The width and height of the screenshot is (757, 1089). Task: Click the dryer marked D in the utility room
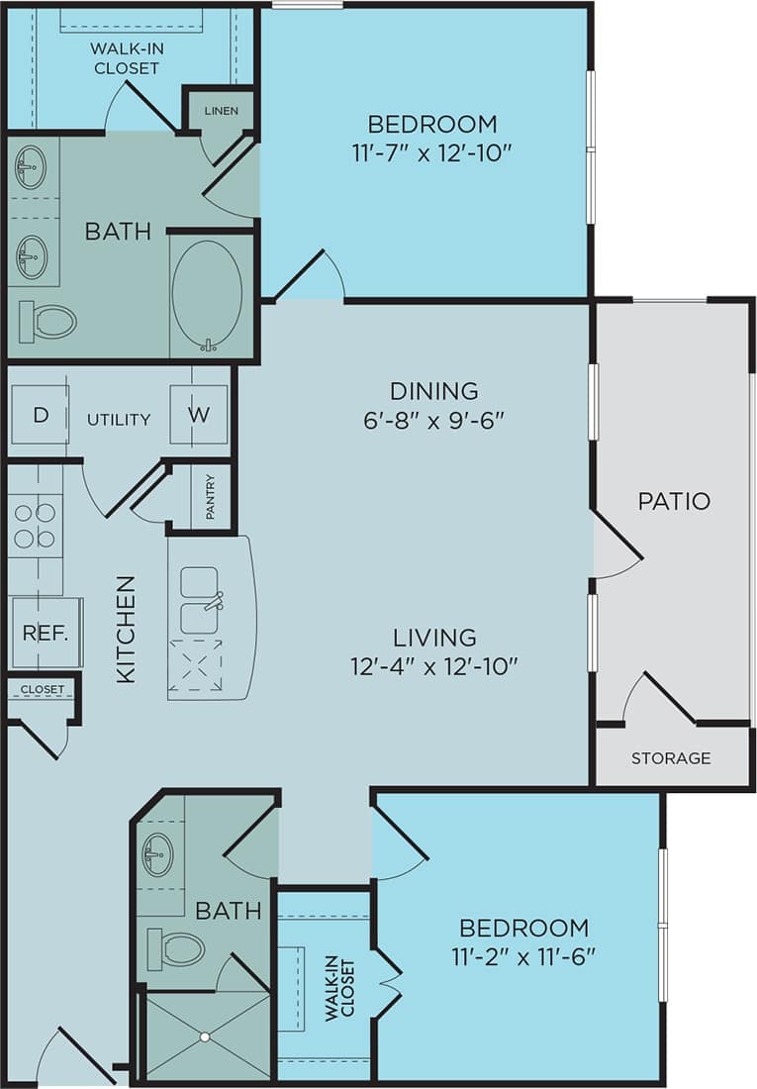pyautogui.click(x=40, y=415)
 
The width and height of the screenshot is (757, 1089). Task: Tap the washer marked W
pyautogui.click(x=199, y=415)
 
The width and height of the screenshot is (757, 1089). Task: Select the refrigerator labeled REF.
pyautogui.click(x=46, y=633)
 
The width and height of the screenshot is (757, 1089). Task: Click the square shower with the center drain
pyautogui.click(x=205, y=1036)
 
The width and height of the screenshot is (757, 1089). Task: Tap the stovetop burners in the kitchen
pyautogui.click(x=35, y=526)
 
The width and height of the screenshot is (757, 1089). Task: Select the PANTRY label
pyautogui.click(x=211, y=497)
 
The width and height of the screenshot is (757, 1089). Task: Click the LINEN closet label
pyautogui.click(x=221, y=111)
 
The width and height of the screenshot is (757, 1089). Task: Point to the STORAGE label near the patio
pyautogui.click(x=671, y=758)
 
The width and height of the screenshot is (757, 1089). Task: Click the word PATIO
pyautogui.click(x=674, y=501)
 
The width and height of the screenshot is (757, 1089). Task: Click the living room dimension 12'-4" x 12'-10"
pyautogui.click(x=433, y=666)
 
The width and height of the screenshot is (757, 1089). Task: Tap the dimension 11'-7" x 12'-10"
pyautogui.click(x=431, y=153)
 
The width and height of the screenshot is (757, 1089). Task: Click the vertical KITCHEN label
pyautogui.click(x=126, y=629)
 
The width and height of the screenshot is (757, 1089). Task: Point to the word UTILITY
pyautogui.click(x=119, y=420)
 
